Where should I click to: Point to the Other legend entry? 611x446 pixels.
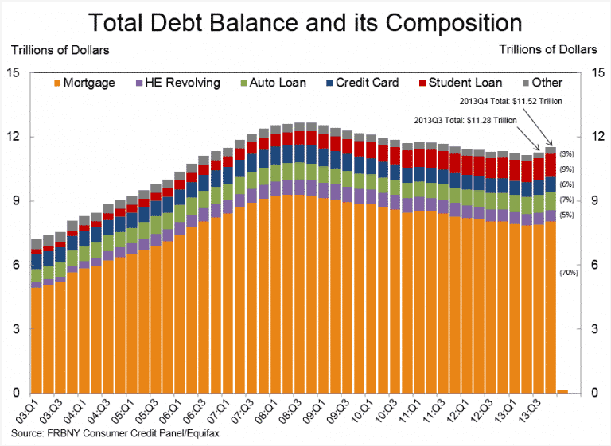[x=540, y=83]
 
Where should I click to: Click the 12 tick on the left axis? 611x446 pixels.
[x=14, y=137]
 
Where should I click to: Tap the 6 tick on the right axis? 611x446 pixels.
[x=595, y=265]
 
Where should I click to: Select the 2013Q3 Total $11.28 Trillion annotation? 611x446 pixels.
[x=465, y=119]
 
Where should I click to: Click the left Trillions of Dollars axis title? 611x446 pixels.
[x=60, y=49]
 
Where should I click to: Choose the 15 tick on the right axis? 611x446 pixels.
[x=595, y=72]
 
